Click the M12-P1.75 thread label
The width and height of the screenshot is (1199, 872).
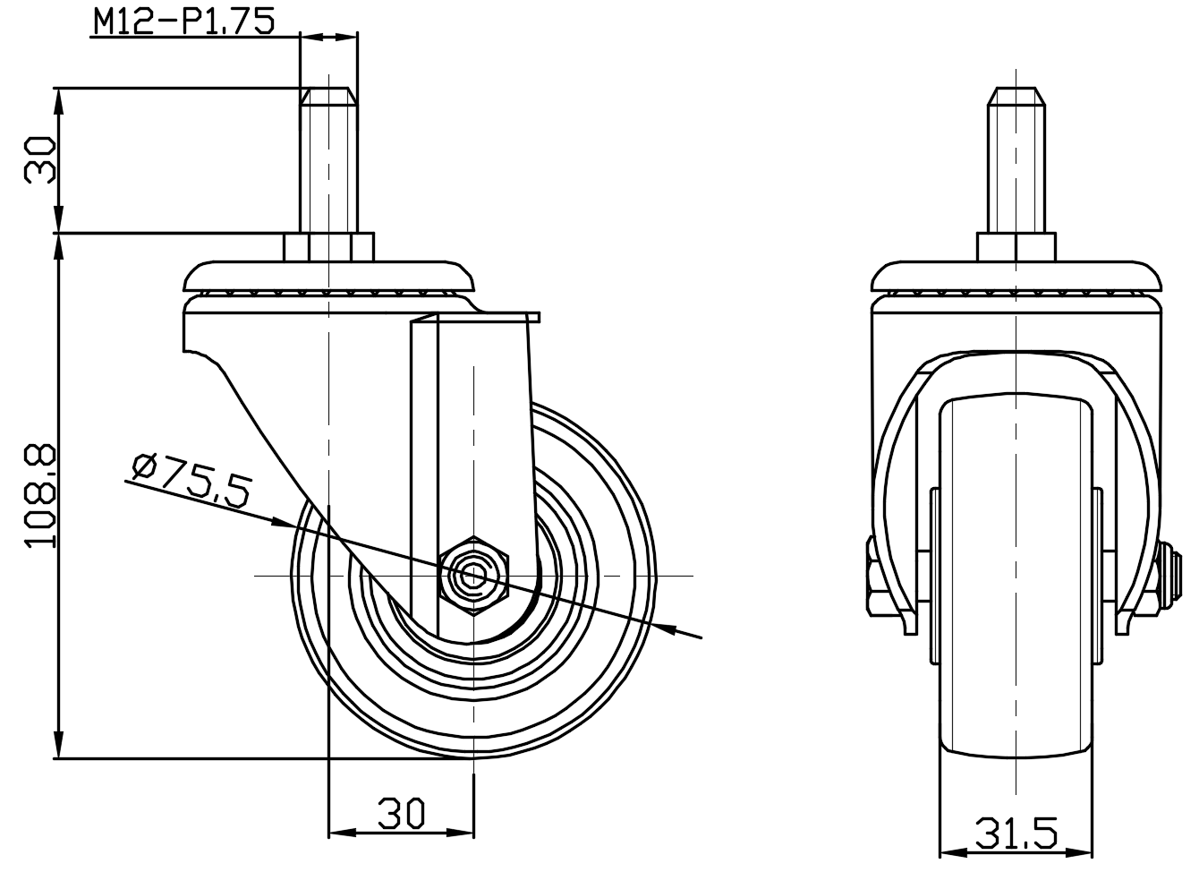coord(183,21)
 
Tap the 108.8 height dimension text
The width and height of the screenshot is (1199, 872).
coord(40,496)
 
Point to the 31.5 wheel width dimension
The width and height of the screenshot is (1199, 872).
coord(1016,834)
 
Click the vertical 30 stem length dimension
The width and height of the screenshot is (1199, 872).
coord(40,160)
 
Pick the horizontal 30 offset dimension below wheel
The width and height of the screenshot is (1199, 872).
coord(401,814)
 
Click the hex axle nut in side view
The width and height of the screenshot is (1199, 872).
coord(473,576)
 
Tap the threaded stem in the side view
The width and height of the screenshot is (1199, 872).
coord(328,160)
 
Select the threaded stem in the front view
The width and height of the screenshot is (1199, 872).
coord(1016,160)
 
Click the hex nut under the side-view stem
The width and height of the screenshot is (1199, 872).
coord(328,247)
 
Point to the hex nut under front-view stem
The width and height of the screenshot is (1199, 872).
coord(1016,247)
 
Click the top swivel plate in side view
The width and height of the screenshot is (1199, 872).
coord(328,277)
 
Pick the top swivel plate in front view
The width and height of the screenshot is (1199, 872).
coord(1016,277)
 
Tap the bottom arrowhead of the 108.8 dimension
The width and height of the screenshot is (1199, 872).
coord(59,745)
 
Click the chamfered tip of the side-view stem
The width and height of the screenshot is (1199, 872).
coord(328,96)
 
